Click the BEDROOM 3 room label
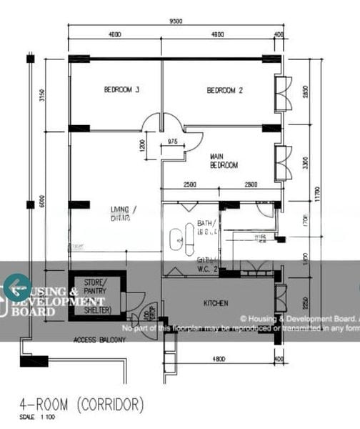(x=121, y=90)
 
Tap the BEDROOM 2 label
(x=225, y=90)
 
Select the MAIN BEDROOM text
(x=224, y=160)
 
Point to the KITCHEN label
(x=216, y=303)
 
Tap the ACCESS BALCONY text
(x=99, y=340)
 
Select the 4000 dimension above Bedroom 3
(x=114, y=34)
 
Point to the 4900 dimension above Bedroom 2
(x=218, y=34)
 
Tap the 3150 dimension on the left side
(x=42, y=95)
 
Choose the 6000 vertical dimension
(x=42, y=202)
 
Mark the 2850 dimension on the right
(x=306, y=93)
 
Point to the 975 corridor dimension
(x=172, y=142)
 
